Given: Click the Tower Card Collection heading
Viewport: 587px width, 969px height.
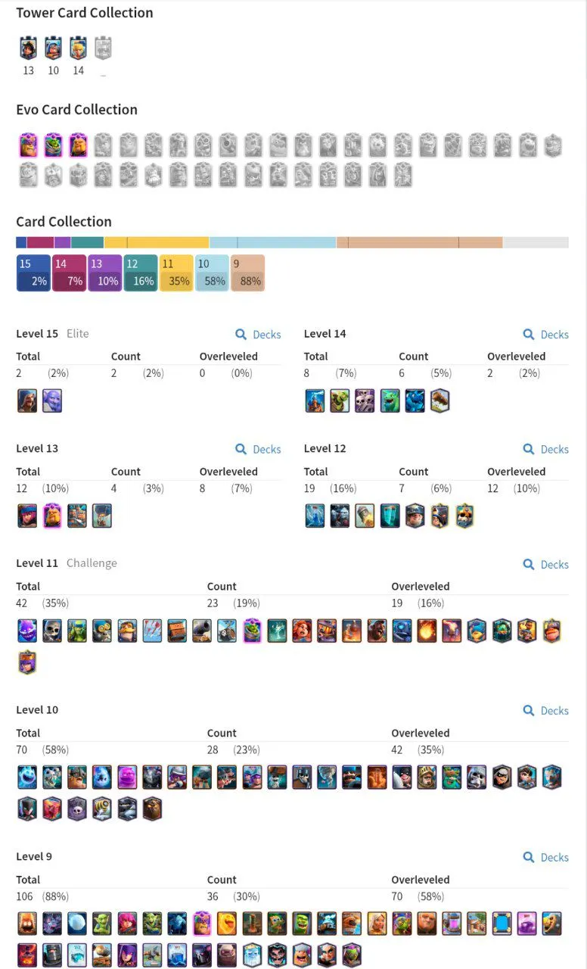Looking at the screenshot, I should [84, 13].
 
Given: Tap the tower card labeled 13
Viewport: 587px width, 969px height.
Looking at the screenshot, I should [28, 48].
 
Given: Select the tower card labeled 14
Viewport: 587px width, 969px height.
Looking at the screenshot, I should [78, 48].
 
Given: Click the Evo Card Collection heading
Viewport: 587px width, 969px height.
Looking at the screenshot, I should [76, 110].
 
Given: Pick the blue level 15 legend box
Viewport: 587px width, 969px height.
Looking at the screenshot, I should [33, 273].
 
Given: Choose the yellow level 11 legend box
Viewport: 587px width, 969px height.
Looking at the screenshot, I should [176, 273].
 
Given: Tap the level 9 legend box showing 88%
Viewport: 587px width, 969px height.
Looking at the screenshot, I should [247, 273].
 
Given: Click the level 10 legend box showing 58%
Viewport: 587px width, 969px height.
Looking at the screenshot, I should [212, 273].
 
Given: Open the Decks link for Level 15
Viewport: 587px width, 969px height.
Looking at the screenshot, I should [258, 335].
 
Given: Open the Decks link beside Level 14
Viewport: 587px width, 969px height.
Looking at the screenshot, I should [545, 335].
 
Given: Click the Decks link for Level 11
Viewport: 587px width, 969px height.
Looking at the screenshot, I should [545, 565].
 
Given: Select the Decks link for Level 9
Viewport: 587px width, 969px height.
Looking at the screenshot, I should [545, 858].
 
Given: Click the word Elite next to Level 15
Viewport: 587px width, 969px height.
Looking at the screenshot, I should [77, 334].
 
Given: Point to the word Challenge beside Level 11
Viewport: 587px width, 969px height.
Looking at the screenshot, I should [92, 563].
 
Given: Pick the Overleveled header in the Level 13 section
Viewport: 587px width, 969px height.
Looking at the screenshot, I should [228, 472].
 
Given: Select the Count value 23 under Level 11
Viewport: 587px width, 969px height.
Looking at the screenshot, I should [213, 603].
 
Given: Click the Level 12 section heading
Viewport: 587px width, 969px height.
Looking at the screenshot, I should [325, 448].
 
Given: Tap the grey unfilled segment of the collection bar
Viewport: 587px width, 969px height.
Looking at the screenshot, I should [536, 242].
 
